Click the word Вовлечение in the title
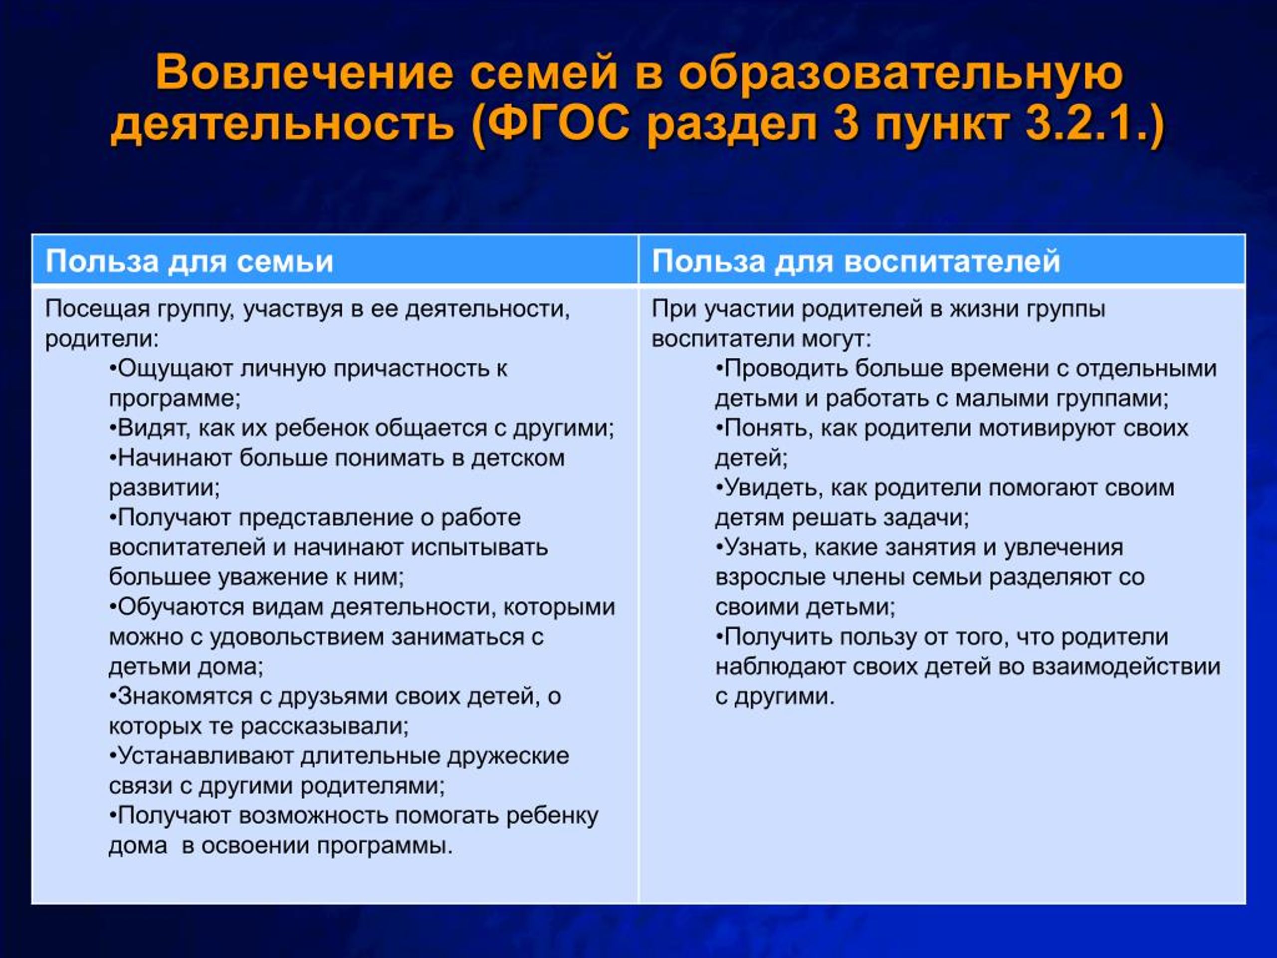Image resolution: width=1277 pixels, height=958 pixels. pyautogui.click(x=304, y=73)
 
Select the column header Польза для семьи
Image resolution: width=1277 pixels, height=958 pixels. pyautogui.click(x=190, y=261)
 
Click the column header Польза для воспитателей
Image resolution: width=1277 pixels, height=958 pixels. pyautogui.click(x=856, y=261)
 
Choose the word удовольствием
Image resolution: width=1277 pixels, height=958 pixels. pyautogui.click(x=297, y=637)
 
